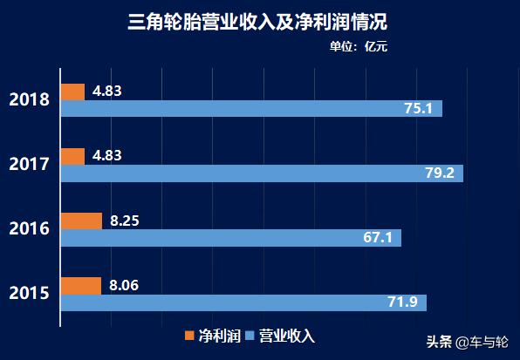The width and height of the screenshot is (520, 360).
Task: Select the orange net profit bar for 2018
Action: [72, 92]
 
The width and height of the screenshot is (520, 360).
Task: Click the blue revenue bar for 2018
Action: [251, 109]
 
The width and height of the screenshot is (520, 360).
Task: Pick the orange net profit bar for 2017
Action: [72, 157]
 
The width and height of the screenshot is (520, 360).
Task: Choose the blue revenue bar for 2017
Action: [262, 173]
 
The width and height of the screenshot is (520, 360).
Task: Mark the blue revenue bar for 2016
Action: [230, 238]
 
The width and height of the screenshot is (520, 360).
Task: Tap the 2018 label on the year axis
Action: [29, 98]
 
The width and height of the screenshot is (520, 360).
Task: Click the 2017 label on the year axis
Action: [29, 164]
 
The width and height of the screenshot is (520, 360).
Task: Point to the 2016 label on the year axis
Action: [29, 229]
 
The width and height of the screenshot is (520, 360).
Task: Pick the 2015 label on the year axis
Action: [29, 294]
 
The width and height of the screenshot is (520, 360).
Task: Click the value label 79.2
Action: [440, 173]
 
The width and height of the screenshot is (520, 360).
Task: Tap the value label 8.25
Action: [125, 221]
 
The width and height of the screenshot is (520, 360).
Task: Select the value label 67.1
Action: [378, 238]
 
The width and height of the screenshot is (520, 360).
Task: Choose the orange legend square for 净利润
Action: [190, 336]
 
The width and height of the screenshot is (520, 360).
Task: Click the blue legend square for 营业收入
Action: [249, 336]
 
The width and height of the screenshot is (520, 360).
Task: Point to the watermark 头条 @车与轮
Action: [465, 341]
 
